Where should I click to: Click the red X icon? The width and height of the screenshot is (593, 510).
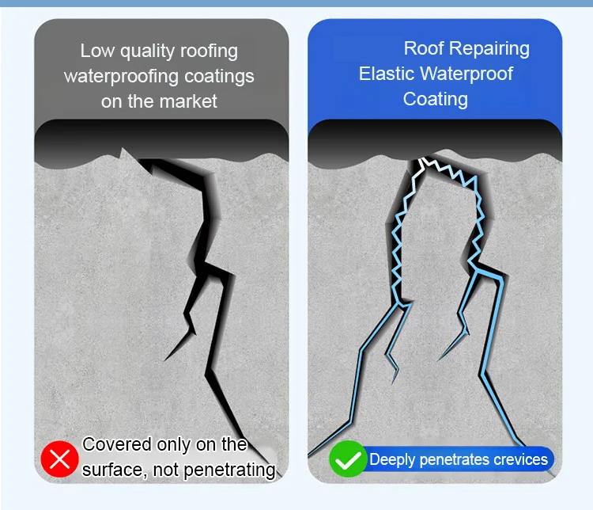coord(60,459)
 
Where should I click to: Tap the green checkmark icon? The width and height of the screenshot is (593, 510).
coord(348,459)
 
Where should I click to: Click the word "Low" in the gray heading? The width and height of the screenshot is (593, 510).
coord(97,51)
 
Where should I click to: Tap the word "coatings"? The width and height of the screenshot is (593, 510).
coord(219,77)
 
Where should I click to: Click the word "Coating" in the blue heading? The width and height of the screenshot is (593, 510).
coord(436,100)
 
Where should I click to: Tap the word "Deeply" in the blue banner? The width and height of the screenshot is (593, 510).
coord(392,460)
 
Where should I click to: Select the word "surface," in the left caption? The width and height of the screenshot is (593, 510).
coord(115,470)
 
